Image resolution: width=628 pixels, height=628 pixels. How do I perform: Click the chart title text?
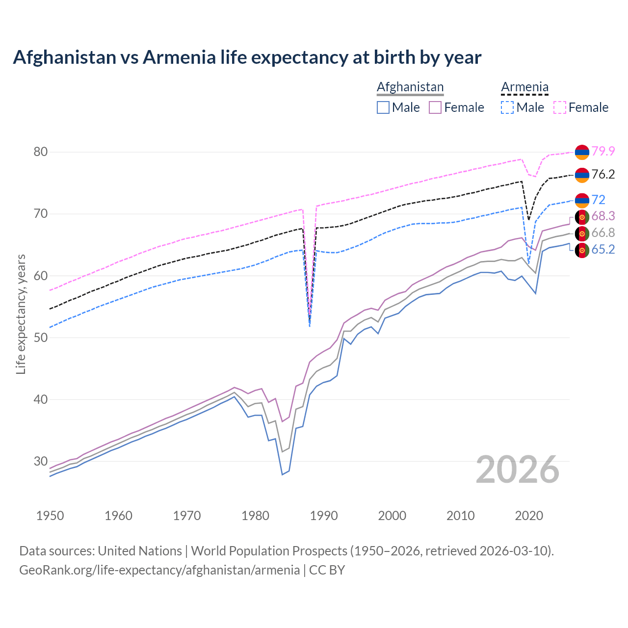tap(247, 57)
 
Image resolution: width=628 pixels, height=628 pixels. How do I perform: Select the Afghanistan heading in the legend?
tap(410, 87)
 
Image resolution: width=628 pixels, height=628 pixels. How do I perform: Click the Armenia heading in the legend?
tap(524, 87)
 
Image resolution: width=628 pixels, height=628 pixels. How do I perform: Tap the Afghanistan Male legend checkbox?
tap(383, 107)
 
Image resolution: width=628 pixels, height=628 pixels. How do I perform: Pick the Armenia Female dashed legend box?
tap(560, 107)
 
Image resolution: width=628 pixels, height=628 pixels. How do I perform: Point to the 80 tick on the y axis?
tap(41, 152)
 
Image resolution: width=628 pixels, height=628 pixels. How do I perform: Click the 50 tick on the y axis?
tap(41, 338)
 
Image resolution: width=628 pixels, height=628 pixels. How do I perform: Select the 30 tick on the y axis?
tap(41, 461)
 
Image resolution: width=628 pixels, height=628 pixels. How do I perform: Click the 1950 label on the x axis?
tap(50, 516)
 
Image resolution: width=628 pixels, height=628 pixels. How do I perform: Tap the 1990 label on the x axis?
tap(324, 516)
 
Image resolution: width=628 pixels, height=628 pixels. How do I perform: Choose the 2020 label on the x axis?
tap(529, 516)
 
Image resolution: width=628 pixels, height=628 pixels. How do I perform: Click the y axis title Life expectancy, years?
tap(21, 314)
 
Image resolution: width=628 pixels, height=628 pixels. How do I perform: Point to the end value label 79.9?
tap(603, 151)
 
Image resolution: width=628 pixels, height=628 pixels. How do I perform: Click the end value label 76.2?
tap(603, 174)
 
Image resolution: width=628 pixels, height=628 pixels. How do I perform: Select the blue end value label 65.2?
tap(603, 249)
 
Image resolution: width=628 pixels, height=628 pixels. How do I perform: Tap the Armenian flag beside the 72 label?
tap(582, 200)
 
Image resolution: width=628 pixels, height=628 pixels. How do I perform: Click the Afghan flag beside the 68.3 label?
tap(582, 216)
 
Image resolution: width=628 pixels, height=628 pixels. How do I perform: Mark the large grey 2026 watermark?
tap(518, 470)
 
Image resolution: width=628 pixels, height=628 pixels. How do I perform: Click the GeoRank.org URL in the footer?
tap(159, 570)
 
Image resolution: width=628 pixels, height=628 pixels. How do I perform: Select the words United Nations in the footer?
tap(140, 550)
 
